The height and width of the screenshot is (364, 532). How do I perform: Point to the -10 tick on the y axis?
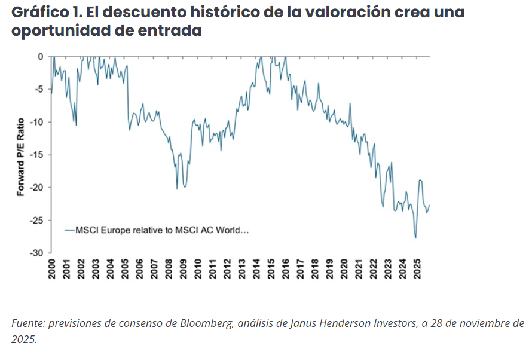[37, 122]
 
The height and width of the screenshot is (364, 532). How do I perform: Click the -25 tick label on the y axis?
[37, 221]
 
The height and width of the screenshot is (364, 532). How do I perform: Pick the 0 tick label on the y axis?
[41, 57]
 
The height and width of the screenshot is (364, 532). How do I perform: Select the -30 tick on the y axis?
[37, 253]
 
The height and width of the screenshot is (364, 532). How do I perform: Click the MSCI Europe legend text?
[162, 230]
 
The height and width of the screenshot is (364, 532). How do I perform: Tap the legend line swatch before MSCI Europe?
[69, 230]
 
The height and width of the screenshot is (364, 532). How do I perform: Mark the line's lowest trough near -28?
[415, 238]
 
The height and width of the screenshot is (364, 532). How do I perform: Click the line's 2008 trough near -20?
[177, 189]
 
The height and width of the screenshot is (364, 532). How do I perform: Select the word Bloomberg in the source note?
[200, 323]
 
